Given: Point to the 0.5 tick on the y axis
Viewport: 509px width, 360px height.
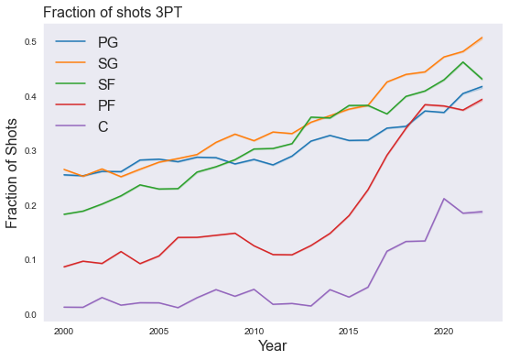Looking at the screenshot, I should pos(31,42).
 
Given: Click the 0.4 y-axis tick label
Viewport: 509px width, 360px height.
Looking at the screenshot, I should pos(31,97).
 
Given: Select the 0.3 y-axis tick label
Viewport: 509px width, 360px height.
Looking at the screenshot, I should pos(31,151).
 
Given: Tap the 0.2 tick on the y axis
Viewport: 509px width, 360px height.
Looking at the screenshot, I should pos(31,206).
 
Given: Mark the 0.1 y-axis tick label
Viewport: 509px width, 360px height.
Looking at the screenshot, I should pos(31,260).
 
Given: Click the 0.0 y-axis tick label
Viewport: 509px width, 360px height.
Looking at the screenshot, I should pos(31,315).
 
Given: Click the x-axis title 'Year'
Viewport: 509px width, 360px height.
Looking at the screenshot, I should pos(273,346).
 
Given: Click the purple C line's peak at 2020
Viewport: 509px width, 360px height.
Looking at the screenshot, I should pos(444,199).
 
